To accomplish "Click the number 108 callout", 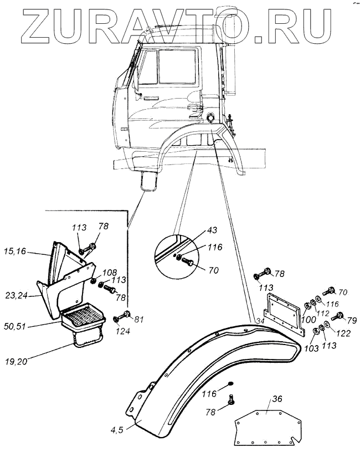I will click(110, 272).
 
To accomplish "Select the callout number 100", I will click(308, 319).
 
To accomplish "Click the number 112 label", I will click(323, 314).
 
